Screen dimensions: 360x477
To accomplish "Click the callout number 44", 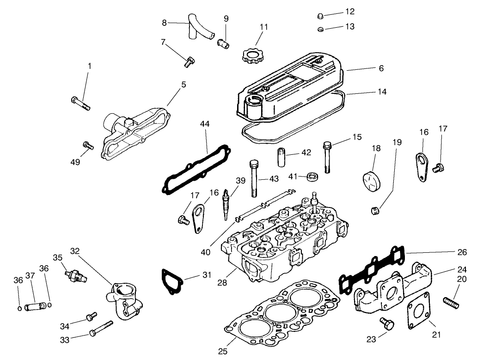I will tap(205, 124).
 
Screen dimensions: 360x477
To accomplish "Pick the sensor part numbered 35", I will tap(75, 275).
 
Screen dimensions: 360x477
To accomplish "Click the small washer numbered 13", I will tap(320, 30).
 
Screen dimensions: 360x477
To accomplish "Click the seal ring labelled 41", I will tap(312, 177).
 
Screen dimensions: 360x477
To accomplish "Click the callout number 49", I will tap(75, 162).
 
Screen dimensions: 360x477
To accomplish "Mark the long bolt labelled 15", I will tap(328, 157).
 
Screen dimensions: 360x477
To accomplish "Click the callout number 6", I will tap(381, 68).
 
